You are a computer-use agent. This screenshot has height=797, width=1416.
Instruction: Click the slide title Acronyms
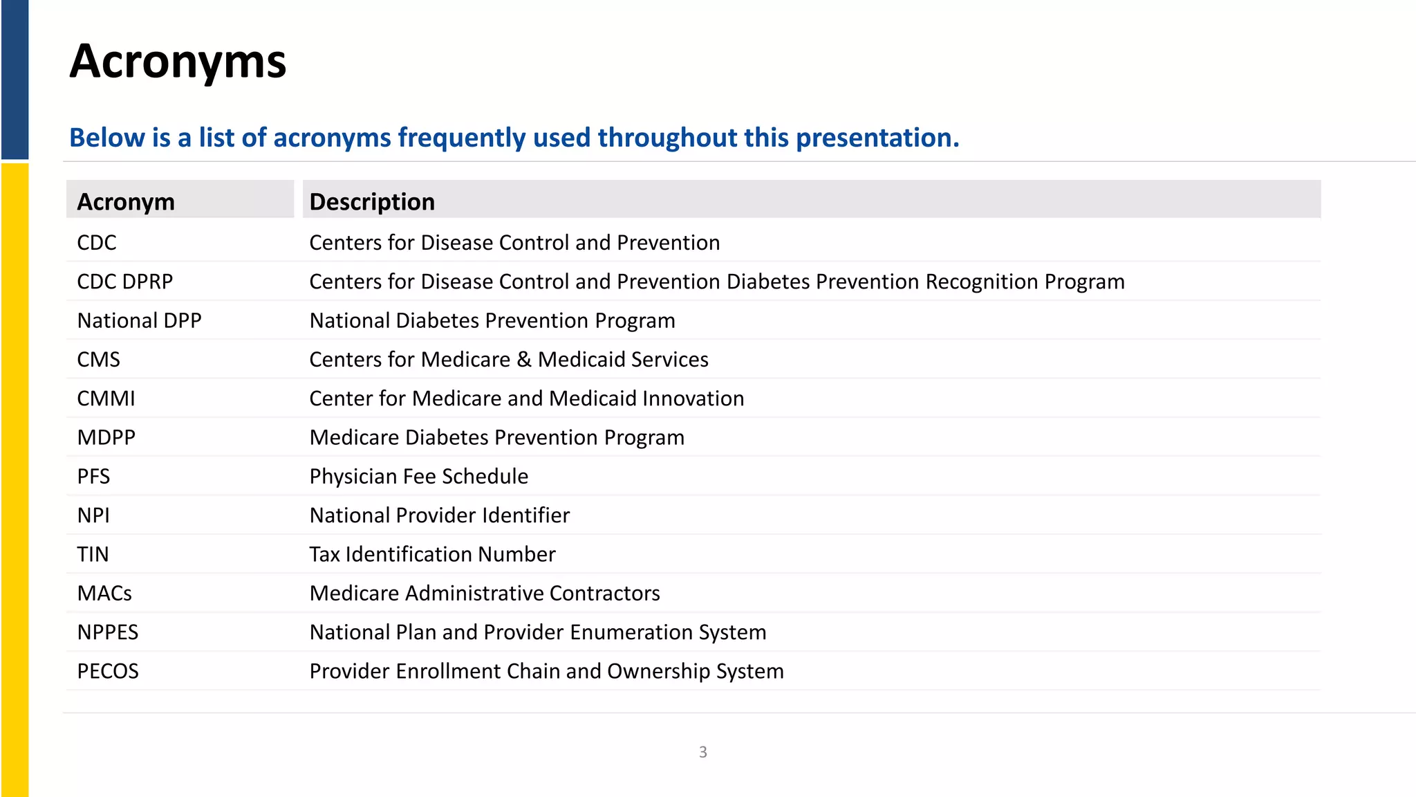178,62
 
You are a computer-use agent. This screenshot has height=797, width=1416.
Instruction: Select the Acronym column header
126,202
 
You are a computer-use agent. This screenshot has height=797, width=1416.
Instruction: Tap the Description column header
372,202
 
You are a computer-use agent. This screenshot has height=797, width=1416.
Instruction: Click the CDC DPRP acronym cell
125,282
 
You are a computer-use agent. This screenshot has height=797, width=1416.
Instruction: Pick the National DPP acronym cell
139,320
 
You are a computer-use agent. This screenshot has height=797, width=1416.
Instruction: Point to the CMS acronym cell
98,360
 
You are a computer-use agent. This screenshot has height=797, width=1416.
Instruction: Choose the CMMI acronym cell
106,398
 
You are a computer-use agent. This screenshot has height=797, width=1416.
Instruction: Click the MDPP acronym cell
106,437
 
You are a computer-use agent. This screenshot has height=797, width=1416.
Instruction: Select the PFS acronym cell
93,476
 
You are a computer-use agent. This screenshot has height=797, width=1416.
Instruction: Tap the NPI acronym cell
93,515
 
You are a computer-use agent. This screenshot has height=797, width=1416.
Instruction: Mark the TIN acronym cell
93,554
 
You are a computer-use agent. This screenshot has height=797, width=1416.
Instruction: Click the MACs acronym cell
104,593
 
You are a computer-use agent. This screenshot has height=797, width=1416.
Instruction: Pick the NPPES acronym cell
108,632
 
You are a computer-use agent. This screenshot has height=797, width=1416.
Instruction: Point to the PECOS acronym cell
108,671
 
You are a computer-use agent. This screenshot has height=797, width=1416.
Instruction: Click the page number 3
702,752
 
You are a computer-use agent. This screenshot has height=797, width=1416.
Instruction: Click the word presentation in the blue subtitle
877,138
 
